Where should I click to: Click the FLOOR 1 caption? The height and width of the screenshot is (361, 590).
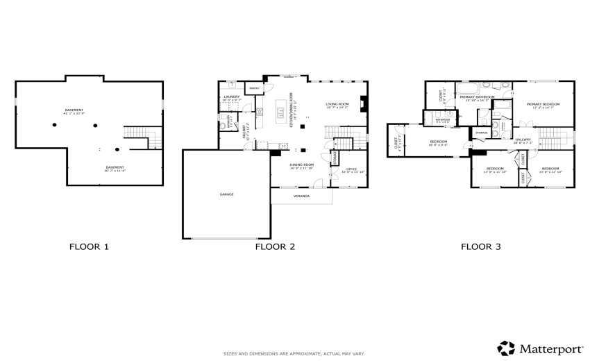coord(89,246)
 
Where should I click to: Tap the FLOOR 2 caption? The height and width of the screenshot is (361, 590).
coord(275,246)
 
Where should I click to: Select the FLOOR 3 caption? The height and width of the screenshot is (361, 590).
coord(481,246)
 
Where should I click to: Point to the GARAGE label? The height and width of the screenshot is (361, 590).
coord(226,194)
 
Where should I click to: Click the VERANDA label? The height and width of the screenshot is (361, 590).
coord(301,196)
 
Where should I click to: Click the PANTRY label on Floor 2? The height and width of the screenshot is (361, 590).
coord(254,89)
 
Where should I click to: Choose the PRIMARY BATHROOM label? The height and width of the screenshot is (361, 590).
coord(477,98)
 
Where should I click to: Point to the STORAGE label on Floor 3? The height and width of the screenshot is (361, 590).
coord(481,132)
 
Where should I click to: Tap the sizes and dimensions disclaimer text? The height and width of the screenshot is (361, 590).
coord(294,353)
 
